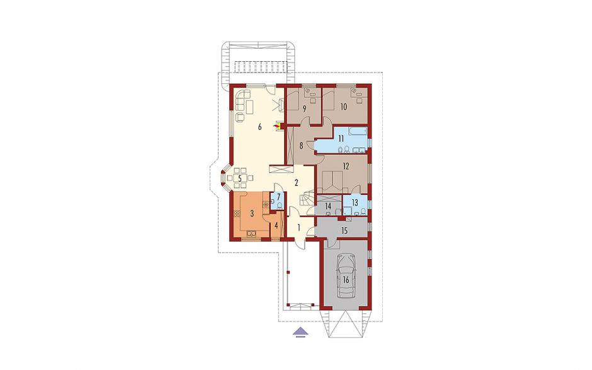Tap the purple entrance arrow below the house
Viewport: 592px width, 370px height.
300,332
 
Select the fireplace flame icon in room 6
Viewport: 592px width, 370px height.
278,126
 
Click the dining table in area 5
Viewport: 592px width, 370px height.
239,178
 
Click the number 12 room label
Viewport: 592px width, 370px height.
346,166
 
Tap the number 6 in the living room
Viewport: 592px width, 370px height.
259,127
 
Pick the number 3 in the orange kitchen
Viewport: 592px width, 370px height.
252,213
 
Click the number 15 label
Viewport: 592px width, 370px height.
344,231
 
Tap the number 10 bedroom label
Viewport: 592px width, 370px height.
343,107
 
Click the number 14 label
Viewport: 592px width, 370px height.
327,206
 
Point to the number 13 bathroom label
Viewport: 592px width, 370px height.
355,202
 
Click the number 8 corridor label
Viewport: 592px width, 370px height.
301,146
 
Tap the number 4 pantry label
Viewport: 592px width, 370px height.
276,226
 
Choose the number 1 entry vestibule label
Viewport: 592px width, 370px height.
299,228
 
